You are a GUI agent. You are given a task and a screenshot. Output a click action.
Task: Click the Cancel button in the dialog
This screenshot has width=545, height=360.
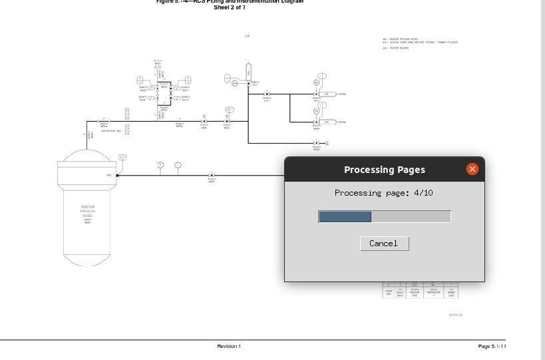384,244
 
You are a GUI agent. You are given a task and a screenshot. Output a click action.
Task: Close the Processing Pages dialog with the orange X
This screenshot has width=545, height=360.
472,169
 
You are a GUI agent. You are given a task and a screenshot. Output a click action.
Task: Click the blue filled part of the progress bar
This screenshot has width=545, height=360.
345,216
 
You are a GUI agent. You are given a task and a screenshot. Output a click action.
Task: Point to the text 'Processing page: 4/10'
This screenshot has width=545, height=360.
384,193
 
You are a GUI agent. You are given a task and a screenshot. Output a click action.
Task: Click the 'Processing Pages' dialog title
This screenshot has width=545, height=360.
384,170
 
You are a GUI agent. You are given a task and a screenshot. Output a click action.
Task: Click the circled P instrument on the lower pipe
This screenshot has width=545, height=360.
160,164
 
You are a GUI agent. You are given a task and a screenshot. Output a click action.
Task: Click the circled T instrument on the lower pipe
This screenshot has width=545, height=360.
178,164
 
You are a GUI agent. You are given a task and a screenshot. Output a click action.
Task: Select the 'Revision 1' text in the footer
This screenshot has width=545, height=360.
229,346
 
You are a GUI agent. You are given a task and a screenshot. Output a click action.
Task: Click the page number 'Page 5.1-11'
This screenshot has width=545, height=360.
492,346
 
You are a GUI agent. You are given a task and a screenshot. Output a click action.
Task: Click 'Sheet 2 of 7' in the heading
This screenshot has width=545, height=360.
230,7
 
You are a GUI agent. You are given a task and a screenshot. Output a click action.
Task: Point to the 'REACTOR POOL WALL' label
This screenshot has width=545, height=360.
110,131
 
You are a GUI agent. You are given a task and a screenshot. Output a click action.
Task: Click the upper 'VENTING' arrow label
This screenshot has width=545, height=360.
341,94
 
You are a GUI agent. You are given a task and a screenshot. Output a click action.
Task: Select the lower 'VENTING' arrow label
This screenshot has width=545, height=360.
341,122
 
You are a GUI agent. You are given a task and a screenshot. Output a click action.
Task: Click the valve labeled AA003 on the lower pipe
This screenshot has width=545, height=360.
211,176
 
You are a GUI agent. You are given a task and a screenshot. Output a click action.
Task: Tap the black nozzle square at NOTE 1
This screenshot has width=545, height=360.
117,176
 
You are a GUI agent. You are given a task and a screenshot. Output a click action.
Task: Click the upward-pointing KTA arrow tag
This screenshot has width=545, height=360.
248,70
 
